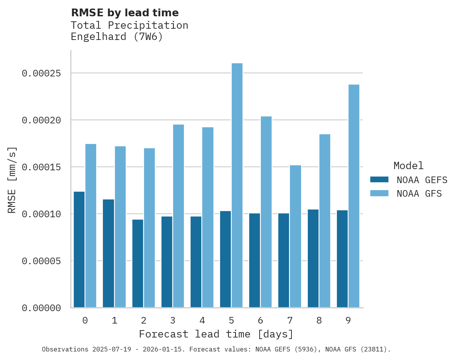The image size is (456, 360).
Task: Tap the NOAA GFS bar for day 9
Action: pos(354,196)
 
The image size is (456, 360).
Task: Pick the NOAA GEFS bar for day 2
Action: pos(138,263)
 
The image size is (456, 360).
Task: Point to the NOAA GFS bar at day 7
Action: pos(295,236)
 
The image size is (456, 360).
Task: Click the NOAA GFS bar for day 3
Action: pos(179,216)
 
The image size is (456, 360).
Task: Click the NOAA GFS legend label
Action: pos(419,194)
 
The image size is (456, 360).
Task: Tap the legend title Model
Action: pos(408,166)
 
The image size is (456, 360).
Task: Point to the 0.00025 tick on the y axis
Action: pos(42,73)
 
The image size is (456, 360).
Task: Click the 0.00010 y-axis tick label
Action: pos(42,214)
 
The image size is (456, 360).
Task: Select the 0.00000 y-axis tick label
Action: pos(42,308)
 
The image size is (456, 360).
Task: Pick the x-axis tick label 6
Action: pos(260,320)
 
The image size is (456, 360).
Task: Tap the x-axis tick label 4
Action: pos(202,320)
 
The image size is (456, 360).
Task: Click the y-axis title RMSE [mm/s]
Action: pos(12,180)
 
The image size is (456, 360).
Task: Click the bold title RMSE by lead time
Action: pos(125,13)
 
